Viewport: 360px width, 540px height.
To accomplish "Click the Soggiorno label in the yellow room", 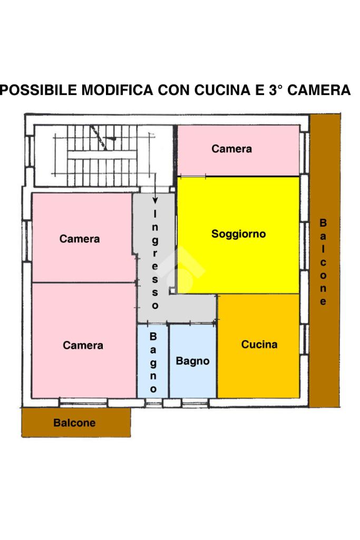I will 238,234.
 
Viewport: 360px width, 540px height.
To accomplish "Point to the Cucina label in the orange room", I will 259,344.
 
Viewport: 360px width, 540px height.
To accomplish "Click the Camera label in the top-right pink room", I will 231,149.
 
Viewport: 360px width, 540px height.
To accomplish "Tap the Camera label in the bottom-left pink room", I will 83,345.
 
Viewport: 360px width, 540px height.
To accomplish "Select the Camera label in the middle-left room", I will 80,239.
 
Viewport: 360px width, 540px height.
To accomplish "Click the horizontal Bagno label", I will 192,361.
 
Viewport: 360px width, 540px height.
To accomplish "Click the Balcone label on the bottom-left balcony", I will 74,422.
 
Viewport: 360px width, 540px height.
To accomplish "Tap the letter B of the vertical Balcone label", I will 323,223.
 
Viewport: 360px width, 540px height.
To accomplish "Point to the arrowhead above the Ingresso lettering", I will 155,200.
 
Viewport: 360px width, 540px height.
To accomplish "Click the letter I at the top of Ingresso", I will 155,214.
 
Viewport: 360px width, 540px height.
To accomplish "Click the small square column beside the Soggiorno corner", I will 172,291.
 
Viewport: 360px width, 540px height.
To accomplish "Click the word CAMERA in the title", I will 319,90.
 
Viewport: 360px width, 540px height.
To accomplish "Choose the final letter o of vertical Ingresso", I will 155,305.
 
